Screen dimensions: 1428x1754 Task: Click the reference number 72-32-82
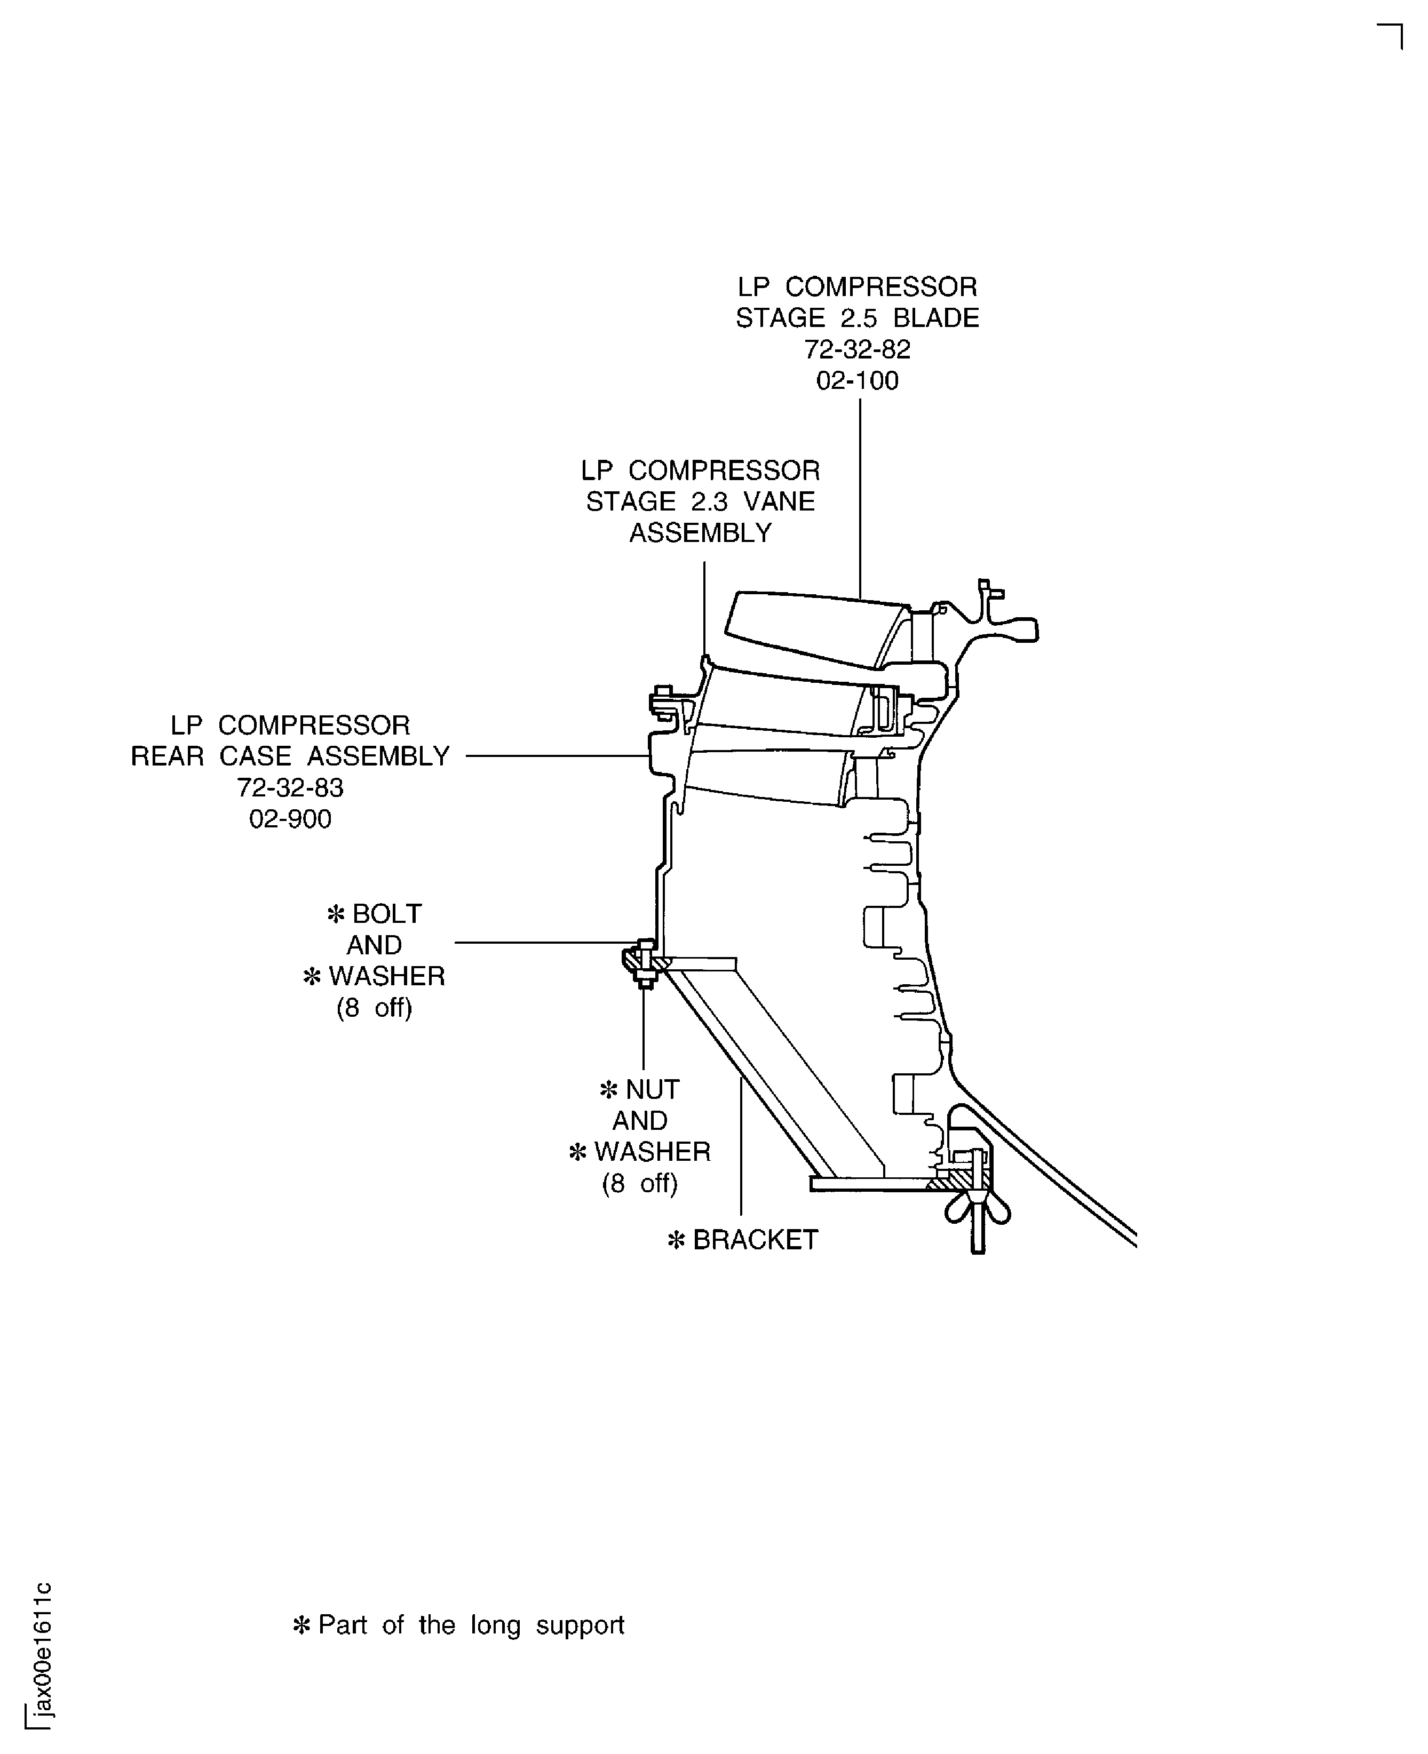(x=857, y=349)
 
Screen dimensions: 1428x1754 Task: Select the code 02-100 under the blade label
(x=857, y=381)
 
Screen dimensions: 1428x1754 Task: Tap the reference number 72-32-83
(x=290, y=788)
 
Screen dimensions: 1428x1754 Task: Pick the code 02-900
(x=290, y=819)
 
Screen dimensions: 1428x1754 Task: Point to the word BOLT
(x=386, y=914)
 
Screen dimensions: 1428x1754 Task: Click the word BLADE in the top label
(x=936, y=318)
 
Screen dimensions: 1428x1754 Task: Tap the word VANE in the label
(x=779, y=501)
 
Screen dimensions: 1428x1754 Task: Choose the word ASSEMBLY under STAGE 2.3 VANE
(x=701, y=533)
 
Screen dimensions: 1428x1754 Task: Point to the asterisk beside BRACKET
(x=676, y=1240)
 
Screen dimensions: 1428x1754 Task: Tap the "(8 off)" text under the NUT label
(x=640, y=1183)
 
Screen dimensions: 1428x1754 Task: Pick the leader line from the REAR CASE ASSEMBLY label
(x=558, y=756)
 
